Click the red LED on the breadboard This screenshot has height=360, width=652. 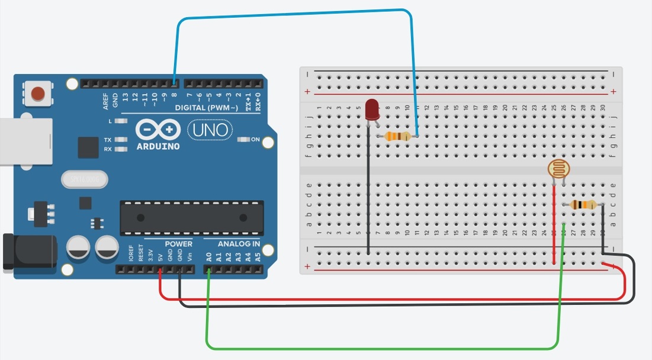pyautogui.click(x=372, y=110)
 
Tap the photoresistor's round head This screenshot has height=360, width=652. pyautogui.click(x=557, y=170)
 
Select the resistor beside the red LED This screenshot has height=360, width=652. pyautogui.click(x=397, y=137)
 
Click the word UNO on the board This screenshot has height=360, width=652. pyautogui.click(x=210, y=129)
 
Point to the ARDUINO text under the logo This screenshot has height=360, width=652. pyautogui.click(x=158, y=146)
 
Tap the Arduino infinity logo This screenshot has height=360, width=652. pyautogui.click(x=157, y=130)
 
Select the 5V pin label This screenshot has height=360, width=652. pyautogui.click(x=160, y=258)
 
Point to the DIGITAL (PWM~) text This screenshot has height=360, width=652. pyautogui.click(x=207, y=108)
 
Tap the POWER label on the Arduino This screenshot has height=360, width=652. pyautogui.click(x=178, y=243)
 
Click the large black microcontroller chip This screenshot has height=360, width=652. pyautogui.click(x=191, y=217)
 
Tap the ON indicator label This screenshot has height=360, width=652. pyautogui.click(x=255, y=140)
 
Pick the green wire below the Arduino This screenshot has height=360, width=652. pyautogui.click(x=379, y=348)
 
